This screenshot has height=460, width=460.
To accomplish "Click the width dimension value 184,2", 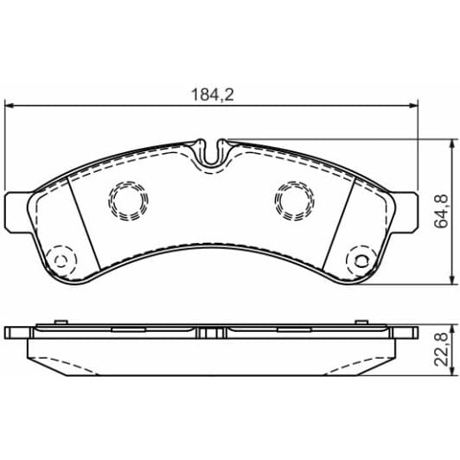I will click(213, 95).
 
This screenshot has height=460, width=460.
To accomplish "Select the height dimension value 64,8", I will click(440, 211).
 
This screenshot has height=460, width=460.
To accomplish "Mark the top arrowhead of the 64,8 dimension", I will click(450, 144).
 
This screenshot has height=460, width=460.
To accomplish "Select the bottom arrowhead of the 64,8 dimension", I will click(450, 278).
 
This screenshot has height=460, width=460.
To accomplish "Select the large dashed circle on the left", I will click(127, 201).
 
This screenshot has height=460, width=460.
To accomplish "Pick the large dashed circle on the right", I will click(292, 201).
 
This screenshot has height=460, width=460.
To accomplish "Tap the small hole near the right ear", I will click(359, 259).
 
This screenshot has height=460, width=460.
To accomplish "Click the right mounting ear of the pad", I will click(405, 211).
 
